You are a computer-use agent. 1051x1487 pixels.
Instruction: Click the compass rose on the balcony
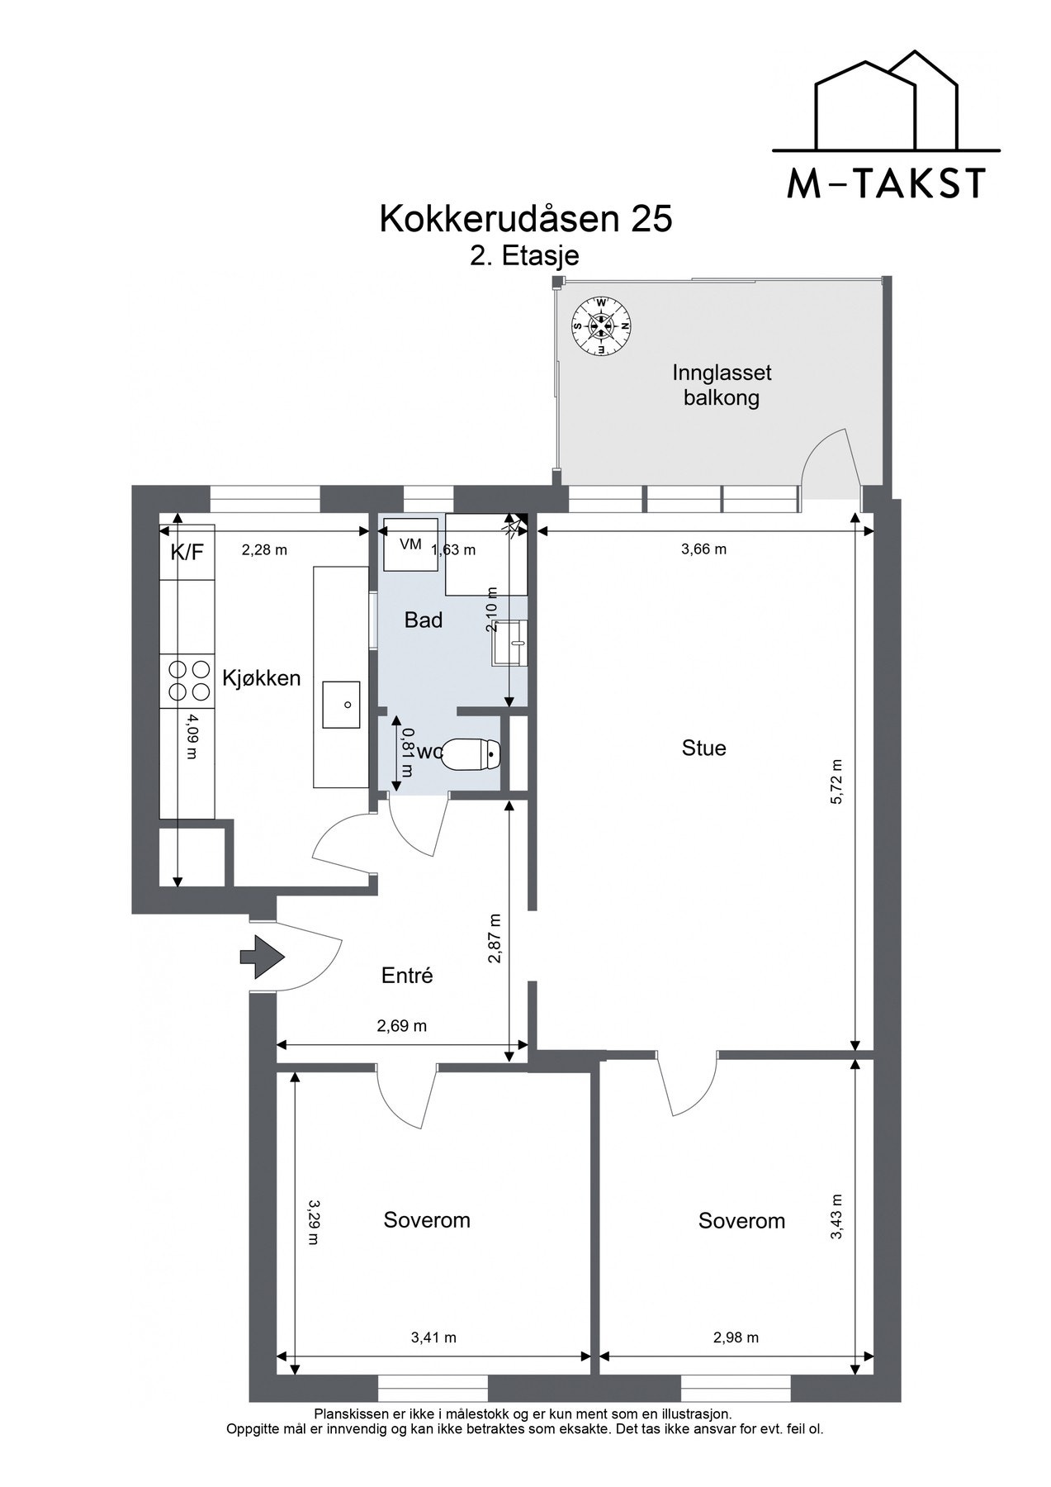pos(602,326)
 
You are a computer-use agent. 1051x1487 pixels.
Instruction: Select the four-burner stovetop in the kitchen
pos(188,680)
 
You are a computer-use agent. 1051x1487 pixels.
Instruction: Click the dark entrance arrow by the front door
pos(262,957)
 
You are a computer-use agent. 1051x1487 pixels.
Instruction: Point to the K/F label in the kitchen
pos(187,552)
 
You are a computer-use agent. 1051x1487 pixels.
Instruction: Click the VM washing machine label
pos(410,544)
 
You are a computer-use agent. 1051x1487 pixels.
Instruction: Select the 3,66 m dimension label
pos(703,549)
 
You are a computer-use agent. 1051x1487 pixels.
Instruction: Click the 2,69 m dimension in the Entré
pos(402,1026)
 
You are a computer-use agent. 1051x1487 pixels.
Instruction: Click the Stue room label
pos(704,748)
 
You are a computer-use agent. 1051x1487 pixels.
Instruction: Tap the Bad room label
pos(424,620)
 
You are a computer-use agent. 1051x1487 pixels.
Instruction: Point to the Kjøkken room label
pos(262,679)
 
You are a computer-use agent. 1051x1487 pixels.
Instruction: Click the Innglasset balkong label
pos(722,385)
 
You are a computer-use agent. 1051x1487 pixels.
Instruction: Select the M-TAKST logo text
pos(886,183)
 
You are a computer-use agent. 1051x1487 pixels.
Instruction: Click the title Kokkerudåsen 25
pos(526,219)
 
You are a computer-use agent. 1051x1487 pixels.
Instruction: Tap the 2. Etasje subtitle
pos(525,256)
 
